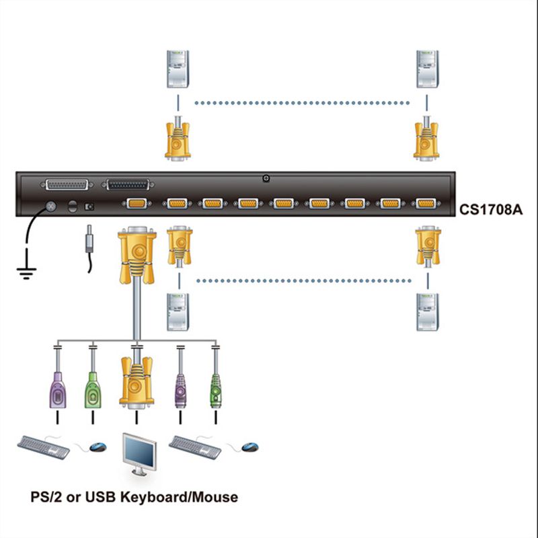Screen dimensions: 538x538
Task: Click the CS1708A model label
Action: (x=491, y=209)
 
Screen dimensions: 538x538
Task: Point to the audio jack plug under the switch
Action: (x=89, y=239)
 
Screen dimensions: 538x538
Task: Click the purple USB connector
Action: (x=58, y=390)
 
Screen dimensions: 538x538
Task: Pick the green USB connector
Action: (x=93, y=390)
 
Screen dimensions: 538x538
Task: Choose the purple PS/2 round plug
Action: (x=180, y=391)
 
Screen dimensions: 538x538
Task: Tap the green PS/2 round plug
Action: (x=216, y=391)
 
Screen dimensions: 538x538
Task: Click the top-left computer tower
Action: (x=178, y=69)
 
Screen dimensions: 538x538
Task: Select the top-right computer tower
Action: (x=427, y=69)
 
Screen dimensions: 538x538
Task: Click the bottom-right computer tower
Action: (x=427, y=312)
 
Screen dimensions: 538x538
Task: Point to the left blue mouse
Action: (x=98, y=447)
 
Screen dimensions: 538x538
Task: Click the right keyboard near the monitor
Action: (x=195, y=447)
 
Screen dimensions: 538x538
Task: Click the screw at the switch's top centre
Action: (x=266, y=178)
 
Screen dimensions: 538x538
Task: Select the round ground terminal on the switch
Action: (x=51, y=206)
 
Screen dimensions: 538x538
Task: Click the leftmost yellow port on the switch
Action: (x=137, y=204)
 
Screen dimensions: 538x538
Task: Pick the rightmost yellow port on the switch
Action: (x=426, y=204)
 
